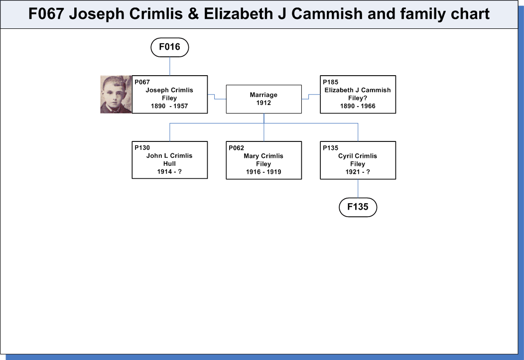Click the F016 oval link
170,47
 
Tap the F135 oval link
358,207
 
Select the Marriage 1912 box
263,99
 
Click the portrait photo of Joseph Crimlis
116,94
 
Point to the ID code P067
142,82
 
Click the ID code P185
331,82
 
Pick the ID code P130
142,147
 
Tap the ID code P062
236,148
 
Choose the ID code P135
331,148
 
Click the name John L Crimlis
169,156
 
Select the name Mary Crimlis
263,156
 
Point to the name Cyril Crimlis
358,156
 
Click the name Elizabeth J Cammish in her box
358,90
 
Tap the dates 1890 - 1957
169,106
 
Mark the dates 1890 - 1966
358,106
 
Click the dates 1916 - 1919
263,172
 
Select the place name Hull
169,164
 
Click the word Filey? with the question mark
358,98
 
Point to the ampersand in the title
193,14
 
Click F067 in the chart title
46,14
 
